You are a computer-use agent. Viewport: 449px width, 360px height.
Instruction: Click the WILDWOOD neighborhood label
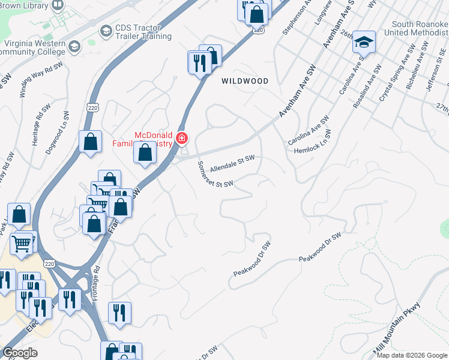(x=244, y=80)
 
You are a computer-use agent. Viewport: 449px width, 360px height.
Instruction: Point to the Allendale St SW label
(x=232, y=163)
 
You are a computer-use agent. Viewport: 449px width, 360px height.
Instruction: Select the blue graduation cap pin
(x=364, y=42)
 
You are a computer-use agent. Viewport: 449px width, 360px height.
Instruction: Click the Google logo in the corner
(x=20, y=353)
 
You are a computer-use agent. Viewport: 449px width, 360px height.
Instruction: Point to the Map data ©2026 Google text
(x=412, y=355)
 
